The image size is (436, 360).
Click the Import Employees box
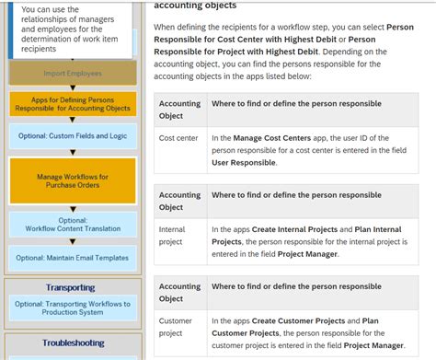pyautogui.click(x=73, y=73)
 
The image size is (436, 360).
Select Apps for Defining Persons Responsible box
pyautogui.click(x=73, y=103)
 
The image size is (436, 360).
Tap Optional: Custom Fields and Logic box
pyautogui.click(x=73, y=136)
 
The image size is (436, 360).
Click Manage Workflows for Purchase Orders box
pyautogui.click(x=73, y=180)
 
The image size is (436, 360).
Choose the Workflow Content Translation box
pyautogui.click(x=73, y=225)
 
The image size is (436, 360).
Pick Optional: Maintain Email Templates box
pyautogui.click(x=73, y=258)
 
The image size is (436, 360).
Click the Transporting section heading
pyautogui.click(x=71, y=287)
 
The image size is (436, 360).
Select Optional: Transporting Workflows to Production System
pyautogui.click(x=73, y=308)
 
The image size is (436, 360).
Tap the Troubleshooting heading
pyautogui.click(x=73, y=343)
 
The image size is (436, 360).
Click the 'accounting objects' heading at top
pyautogui.click(x=195, y=6)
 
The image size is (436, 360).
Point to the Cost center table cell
pyautogui.click(x=178, y=138)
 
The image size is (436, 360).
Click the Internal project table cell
pyautogui.click(x=172, y=236)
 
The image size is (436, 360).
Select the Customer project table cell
pyautogui.click(x=175, y=327)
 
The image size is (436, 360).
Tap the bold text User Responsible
pyautogui.click(x=243, y=162)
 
